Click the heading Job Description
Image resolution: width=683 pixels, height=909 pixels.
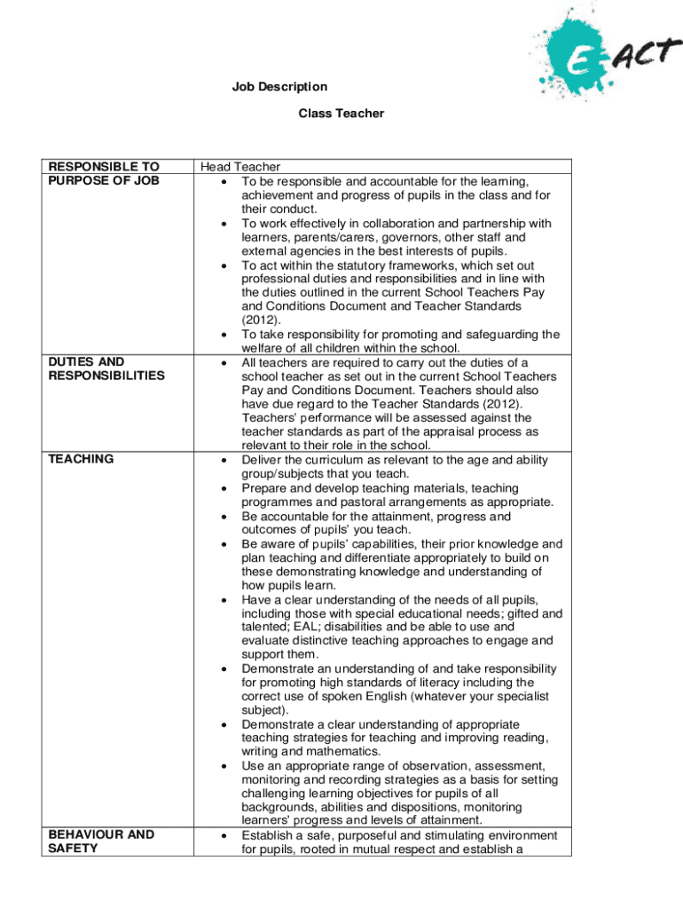(279, 87)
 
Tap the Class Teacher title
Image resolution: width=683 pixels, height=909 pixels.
(341, 114)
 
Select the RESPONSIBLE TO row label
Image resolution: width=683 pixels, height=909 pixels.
(104, 167)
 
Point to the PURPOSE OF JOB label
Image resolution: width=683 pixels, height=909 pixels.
(104, 180)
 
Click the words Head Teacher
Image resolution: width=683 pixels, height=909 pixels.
(240, 167)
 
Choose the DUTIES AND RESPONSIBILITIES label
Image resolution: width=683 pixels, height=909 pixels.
(106, 368)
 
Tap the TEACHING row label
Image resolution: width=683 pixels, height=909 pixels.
(82, 459)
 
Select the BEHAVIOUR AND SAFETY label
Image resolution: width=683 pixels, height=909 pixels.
(101, 841)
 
